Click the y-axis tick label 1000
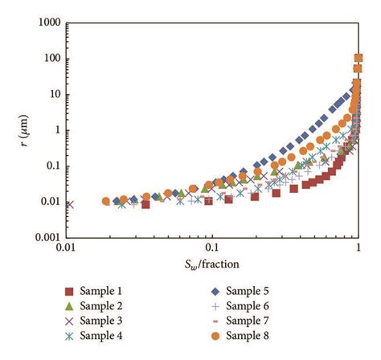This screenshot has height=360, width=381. click(50, 23)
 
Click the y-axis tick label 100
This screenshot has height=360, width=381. click(53, 59)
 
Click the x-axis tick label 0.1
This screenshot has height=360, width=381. click(211, 250)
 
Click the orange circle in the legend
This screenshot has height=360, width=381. click(215, 336)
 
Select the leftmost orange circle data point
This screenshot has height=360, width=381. click(106, 201)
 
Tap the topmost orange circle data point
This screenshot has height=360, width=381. click(358, 59)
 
